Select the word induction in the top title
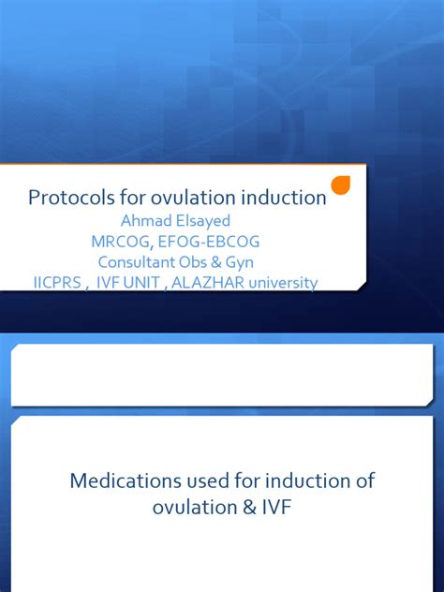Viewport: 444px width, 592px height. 281,198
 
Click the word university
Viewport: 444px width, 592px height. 282,282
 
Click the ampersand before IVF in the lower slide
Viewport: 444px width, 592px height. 245,506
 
